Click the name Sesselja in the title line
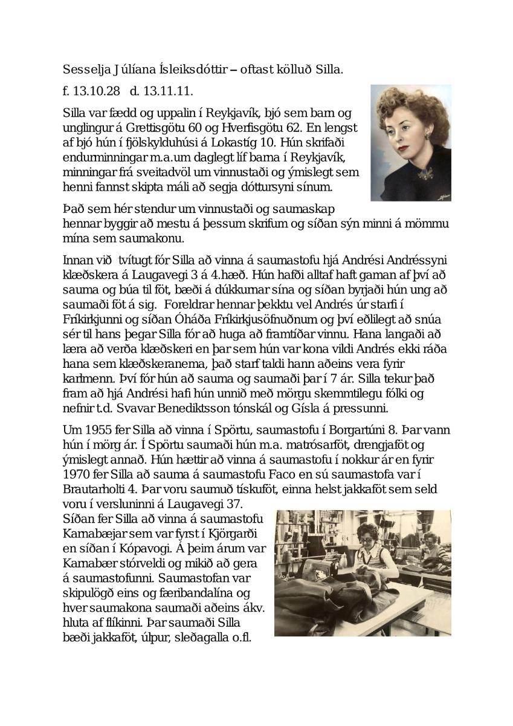tap(84, 70)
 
